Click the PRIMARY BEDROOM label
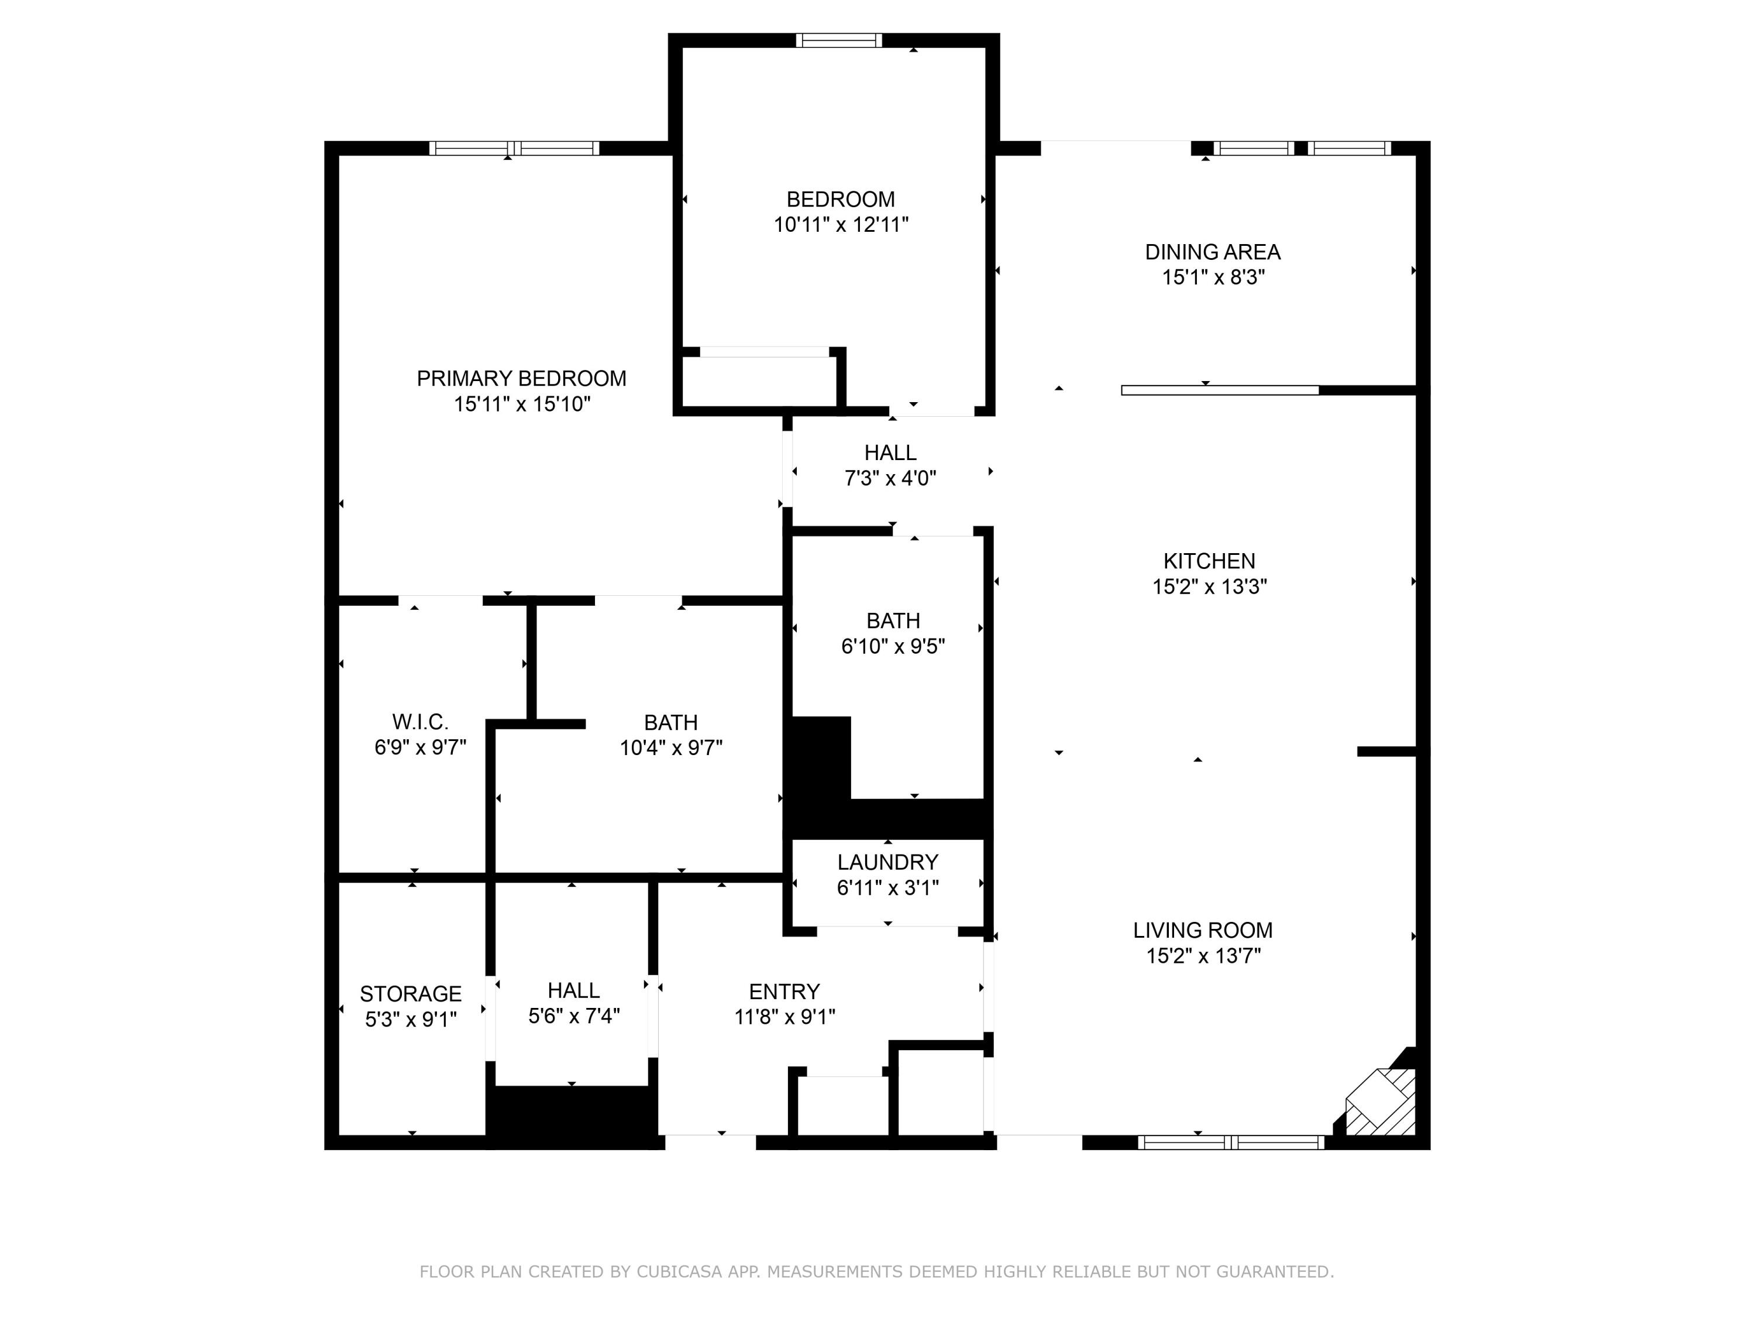coord(521,379)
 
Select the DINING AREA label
coord(1212,252)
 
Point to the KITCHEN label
coord(1209,561)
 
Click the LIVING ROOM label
coord(1202,931)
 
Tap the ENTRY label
coord(784,992)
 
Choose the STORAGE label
coord(410,994)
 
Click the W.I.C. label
coord(419,722)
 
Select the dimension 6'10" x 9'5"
coord(893,646)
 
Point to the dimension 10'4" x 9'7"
coord(670,748)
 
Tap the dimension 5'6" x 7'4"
coord(574,1016)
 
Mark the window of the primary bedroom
coord(514,149)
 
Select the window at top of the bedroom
coord(839,40)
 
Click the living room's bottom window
coord(1231,1143)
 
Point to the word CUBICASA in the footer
coord(679,1272)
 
